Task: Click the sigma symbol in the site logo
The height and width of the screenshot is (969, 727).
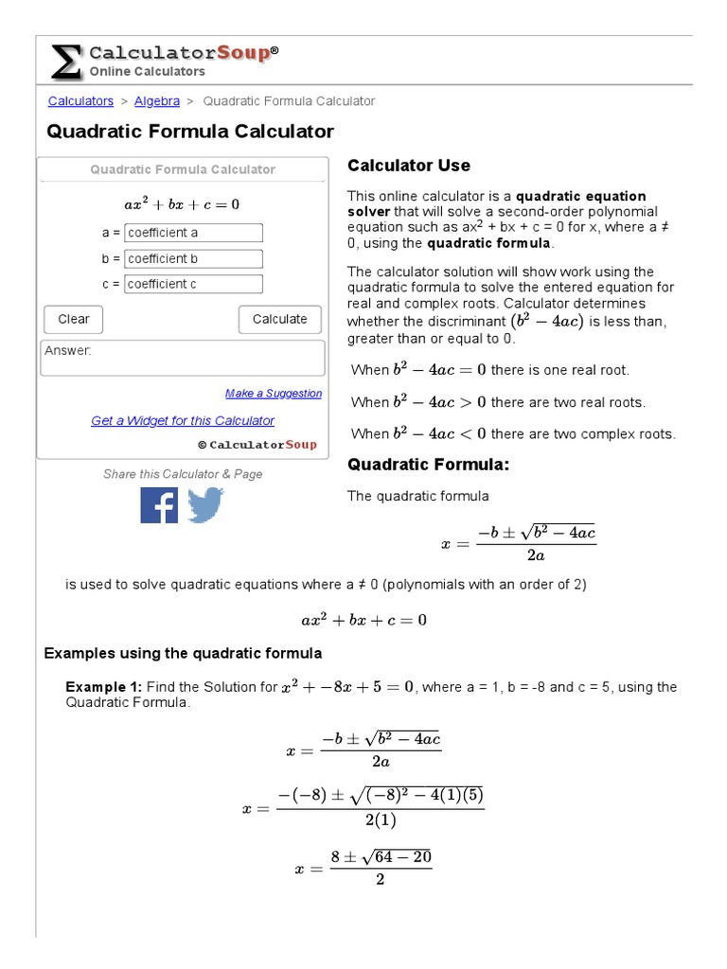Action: coord(64,62)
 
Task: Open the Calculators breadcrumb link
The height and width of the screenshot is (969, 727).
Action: coord(80,101)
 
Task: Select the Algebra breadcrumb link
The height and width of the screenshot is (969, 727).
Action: coord(157,101)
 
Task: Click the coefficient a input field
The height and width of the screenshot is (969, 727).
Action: coord(193,233)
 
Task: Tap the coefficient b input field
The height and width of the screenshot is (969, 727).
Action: coord(193,258)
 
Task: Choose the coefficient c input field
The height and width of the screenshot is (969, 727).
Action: coord(193,284)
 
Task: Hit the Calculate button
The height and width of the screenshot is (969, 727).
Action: coord(279,320)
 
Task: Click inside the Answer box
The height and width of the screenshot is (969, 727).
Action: coord(183,359)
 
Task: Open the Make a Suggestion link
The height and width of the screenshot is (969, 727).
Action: coord(274,394)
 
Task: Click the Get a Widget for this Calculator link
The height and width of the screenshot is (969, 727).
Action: coord(183,421)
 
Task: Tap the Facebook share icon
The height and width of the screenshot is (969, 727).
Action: coord(159,504)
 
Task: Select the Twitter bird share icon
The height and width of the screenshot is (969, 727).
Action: coord(205,504)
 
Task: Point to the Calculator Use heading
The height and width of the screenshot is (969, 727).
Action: coord(408,166)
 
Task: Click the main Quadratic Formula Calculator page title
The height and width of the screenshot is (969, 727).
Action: coord(190,132)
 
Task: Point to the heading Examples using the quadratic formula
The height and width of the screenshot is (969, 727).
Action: coord(184,653)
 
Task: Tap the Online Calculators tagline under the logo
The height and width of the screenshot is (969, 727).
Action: coord(147,72)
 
